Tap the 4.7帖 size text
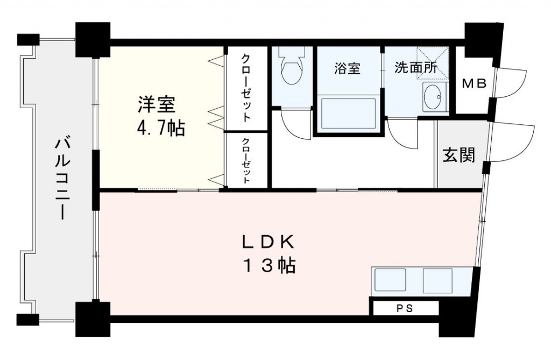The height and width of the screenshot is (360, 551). pos(161,128)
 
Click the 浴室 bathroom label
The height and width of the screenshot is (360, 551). pos(347,68)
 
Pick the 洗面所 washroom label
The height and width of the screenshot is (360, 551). pos(415,68)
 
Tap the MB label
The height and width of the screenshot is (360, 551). pos(474,83)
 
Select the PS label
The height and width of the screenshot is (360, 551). pos(405,309)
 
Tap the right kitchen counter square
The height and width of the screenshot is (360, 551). pos(437,280)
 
